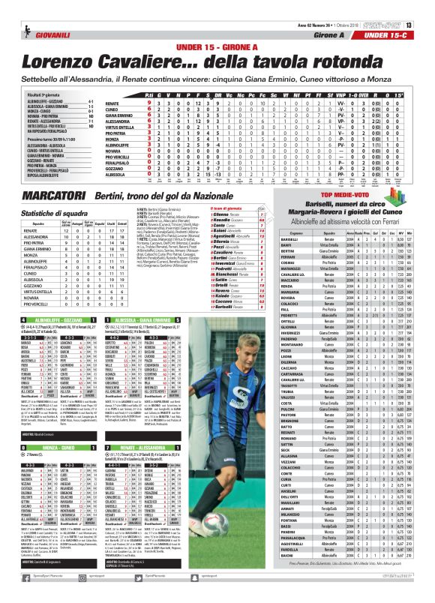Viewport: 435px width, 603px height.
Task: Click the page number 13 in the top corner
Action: [x=429, y=5]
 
